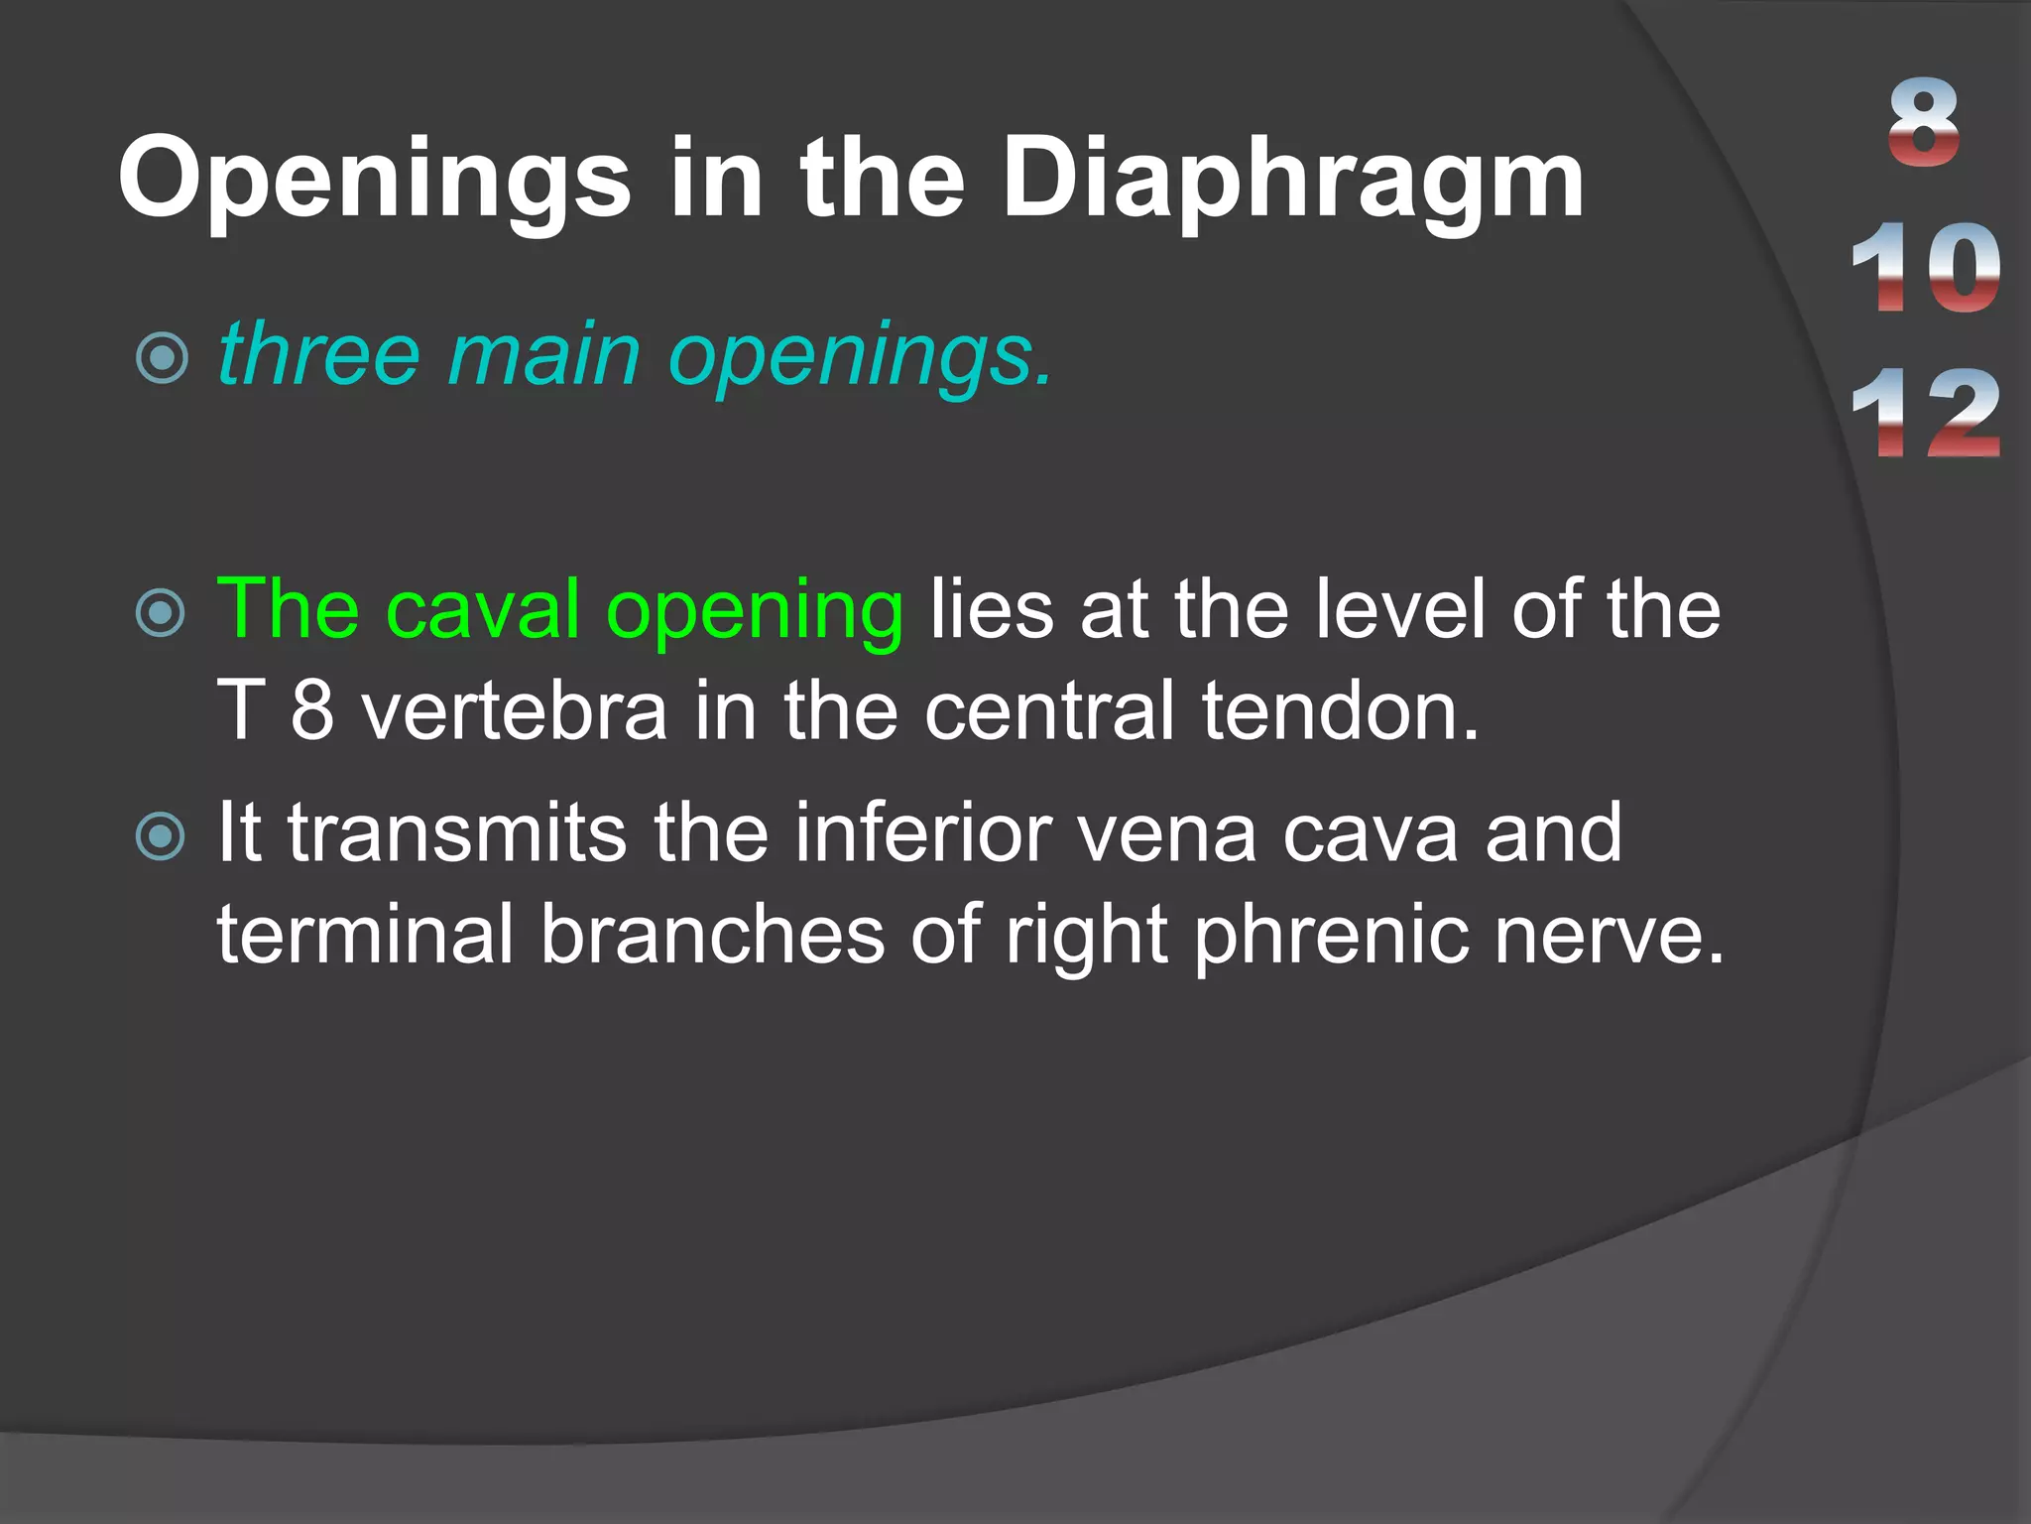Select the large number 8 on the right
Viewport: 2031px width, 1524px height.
1924,124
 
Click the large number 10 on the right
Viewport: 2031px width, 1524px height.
1925,268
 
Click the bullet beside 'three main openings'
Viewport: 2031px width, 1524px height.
162,358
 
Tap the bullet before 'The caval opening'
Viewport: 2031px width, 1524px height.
161,612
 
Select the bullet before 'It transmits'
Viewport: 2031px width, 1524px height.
161,835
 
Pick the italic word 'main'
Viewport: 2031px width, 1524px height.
543,356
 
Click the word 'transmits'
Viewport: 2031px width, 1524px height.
458,833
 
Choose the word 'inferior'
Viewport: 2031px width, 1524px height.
922,833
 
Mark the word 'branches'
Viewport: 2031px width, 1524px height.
712,935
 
